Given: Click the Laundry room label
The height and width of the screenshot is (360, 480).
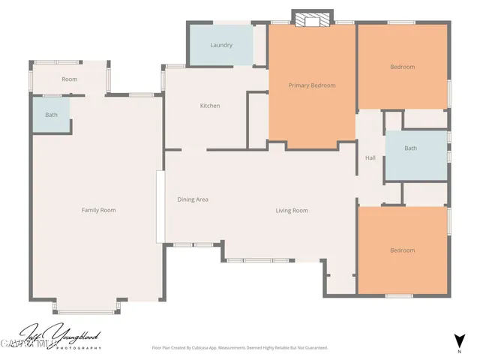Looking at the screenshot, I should pyautogui.click(x=221, y=45).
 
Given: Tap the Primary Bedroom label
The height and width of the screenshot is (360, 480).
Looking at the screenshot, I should pyautogui.click(x=312, y=85).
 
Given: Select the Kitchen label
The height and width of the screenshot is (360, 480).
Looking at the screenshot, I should pyautogui.click(x=210, y=106).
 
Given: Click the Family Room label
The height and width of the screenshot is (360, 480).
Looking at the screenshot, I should pyautogui.click(x=98, y=210).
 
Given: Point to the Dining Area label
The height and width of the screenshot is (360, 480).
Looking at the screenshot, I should pyautogui.click(x=193, y=199).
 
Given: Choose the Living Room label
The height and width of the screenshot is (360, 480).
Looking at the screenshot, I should pyautogui.click(x=292, y=211).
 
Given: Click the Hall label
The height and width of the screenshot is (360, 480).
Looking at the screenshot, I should pyautogui.click(x=370, y=158).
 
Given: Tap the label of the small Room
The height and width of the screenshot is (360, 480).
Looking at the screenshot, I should pyautogui.click(x=70, y=79).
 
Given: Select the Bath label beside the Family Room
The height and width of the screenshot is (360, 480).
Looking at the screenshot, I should pyautogui.click(x=51, y=115).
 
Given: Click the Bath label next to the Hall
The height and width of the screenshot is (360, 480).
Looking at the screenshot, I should pyautogui.click(x=410, y=148).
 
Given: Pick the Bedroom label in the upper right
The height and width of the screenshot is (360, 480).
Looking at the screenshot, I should pyautogui.click(x=402, y=67).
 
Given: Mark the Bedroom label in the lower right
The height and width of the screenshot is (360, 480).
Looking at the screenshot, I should pyautogui.click(x=402, y=250).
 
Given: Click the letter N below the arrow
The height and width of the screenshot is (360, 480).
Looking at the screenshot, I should pyautogui.click(x=459, y=351).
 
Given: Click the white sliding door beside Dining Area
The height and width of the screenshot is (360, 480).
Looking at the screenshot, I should pyautogui.click(x=160, y=206).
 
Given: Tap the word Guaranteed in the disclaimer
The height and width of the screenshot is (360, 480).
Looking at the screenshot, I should pyautogui.click(x=313, y=348).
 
